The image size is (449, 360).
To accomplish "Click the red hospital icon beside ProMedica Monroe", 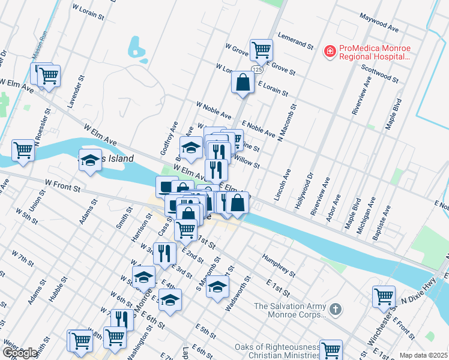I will (329, 52).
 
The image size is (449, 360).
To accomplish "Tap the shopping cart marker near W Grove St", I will (261, 50).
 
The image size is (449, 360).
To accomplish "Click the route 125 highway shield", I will (257, 70).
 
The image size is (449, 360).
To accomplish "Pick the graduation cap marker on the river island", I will (90, 161).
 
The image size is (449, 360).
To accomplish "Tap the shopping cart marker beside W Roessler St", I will (23, 150).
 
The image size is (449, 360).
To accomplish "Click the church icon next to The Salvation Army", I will (336, 310).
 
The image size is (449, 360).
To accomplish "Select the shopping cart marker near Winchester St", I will (384, 296).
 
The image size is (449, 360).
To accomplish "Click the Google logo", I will (20, 353).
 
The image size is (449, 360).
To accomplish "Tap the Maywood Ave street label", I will (379, 25).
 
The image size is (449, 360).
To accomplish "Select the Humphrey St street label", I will (279, 265).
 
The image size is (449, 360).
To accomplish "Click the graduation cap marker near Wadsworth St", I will (217, 286).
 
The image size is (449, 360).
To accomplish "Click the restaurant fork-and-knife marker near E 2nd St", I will (163, 253).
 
